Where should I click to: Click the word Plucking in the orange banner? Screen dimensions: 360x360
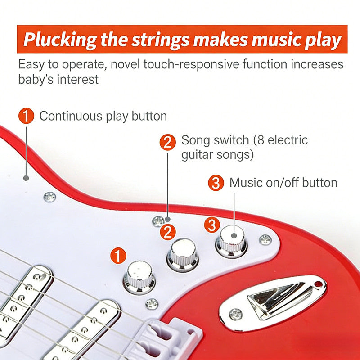point(60,40)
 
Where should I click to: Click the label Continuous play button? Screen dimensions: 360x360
point(103,116)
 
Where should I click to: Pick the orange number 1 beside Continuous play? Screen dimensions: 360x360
point(26,116)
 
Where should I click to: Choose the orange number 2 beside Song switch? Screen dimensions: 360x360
point(167,142)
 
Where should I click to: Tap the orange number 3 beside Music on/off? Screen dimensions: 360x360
point(216,183)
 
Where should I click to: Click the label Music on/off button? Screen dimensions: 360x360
point(283,183)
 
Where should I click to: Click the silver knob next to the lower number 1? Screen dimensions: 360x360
point(139,277)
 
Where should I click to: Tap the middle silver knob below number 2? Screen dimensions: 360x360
point(183,255)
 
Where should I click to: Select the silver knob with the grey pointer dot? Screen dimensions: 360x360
point(231,242)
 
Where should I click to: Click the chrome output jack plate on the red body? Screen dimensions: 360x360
point(273,303)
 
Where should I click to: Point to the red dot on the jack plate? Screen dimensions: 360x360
point(318,284)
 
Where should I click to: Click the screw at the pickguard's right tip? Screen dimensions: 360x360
point(265,240)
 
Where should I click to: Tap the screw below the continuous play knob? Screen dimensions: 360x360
point(152,304)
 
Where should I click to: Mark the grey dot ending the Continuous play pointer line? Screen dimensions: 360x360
point(26,178)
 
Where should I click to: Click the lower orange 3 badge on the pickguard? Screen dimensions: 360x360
point(212,225)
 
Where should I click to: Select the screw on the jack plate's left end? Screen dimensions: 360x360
point(236,314)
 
